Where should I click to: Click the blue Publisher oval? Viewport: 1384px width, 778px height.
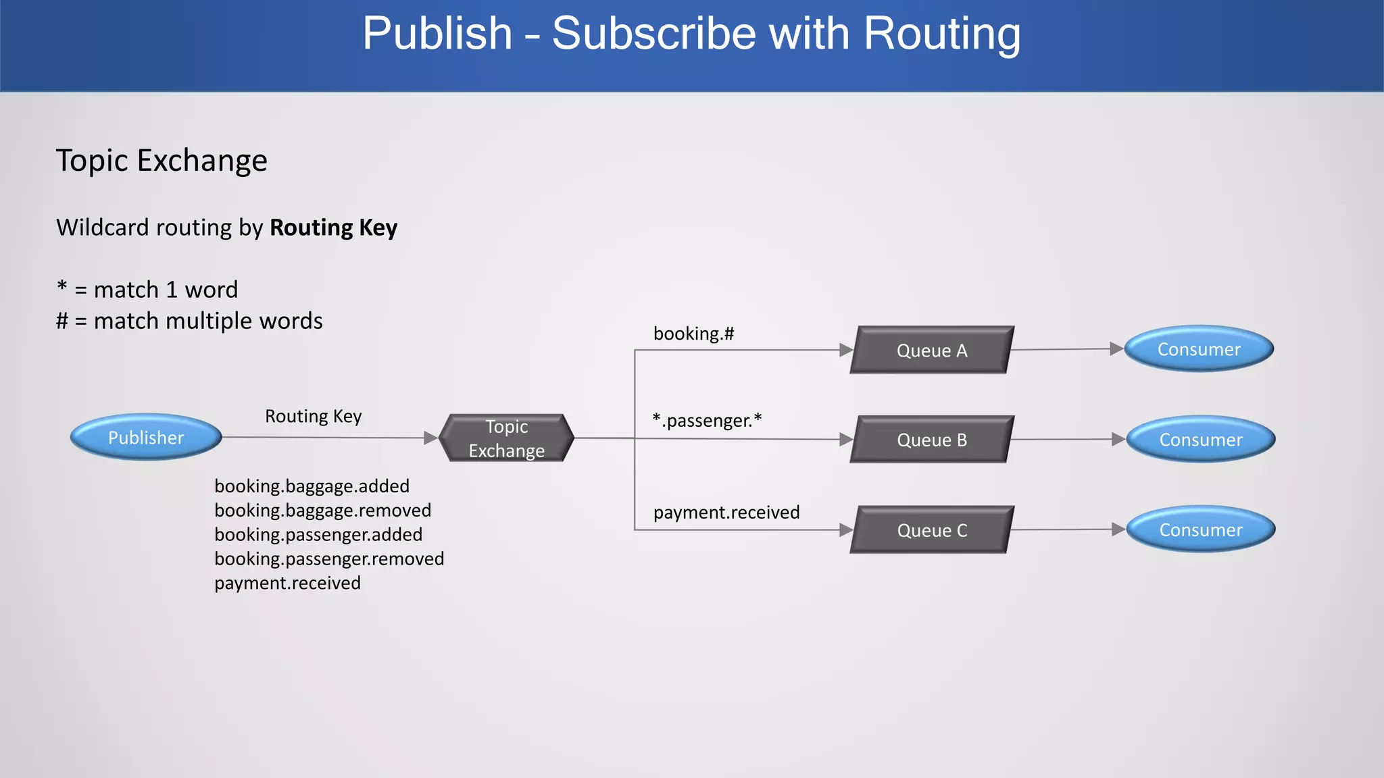pyautogui.click(x=146, y=438)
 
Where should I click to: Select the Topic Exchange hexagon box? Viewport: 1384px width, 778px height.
pyautogui.click(x=507, y=438)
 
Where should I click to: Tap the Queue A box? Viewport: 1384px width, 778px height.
pyautogui.click(x=932, y=351)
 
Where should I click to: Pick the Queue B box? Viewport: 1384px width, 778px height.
pyautogui.click(x=932, y=440)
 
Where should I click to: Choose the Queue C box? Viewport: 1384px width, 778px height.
pyautogui.click(x=932, y=530)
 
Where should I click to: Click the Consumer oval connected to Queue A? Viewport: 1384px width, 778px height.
pyautogui.click(x=1199, y=349)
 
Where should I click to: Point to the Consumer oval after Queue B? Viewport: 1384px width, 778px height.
pyautogui.click(x=1201, y=440)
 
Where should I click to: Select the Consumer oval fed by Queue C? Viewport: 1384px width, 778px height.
pyautogui.click(x=1201, y=530)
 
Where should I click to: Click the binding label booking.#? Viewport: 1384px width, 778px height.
pyautogui.click(x=693, y=334)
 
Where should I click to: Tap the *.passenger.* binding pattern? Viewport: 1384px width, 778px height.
pyautogui.click(x=707, y=420)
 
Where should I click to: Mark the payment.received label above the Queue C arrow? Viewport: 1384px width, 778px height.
pyautogui.click(x=726, y=513)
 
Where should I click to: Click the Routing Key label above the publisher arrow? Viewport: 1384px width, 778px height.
pyautogui.click(x=314, y=416)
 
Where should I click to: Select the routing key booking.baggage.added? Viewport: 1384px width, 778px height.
pyautogui.click(x=312, y=486)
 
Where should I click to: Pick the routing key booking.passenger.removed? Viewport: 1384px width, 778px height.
pyautogui.click(x=329, y=559)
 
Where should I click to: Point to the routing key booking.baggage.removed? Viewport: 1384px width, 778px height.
pyautogui.click(x=323, y=511)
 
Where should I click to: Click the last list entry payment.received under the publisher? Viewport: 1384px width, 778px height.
pyautogui.click(x=288, y=583)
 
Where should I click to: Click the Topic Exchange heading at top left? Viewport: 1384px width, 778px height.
pyautogui.click(x=162, y=161)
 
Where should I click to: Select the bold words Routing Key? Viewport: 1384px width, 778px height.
pyautogui.click(x=334, y=228)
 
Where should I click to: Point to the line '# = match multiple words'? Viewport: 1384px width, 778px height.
pyautogui.click(x=189, y=321)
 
